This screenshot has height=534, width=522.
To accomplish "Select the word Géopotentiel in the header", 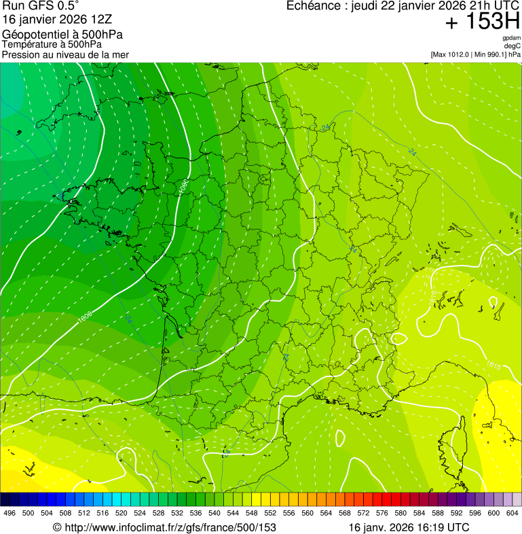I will coord(33,35).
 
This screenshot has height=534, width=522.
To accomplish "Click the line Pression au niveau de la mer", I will coord(65,54).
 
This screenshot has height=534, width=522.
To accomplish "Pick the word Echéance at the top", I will coord(314,6).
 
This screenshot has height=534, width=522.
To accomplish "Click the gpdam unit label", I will coord(512,39).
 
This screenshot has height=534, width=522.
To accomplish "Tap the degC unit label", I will coord(512,46).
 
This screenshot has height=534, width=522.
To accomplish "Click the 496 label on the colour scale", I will coord(10,514).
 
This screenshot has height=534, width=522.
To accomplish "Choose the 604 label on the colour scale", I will coord(512,514).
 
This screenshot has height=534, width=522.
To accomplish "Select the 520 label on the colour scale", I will coord(121,514).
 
